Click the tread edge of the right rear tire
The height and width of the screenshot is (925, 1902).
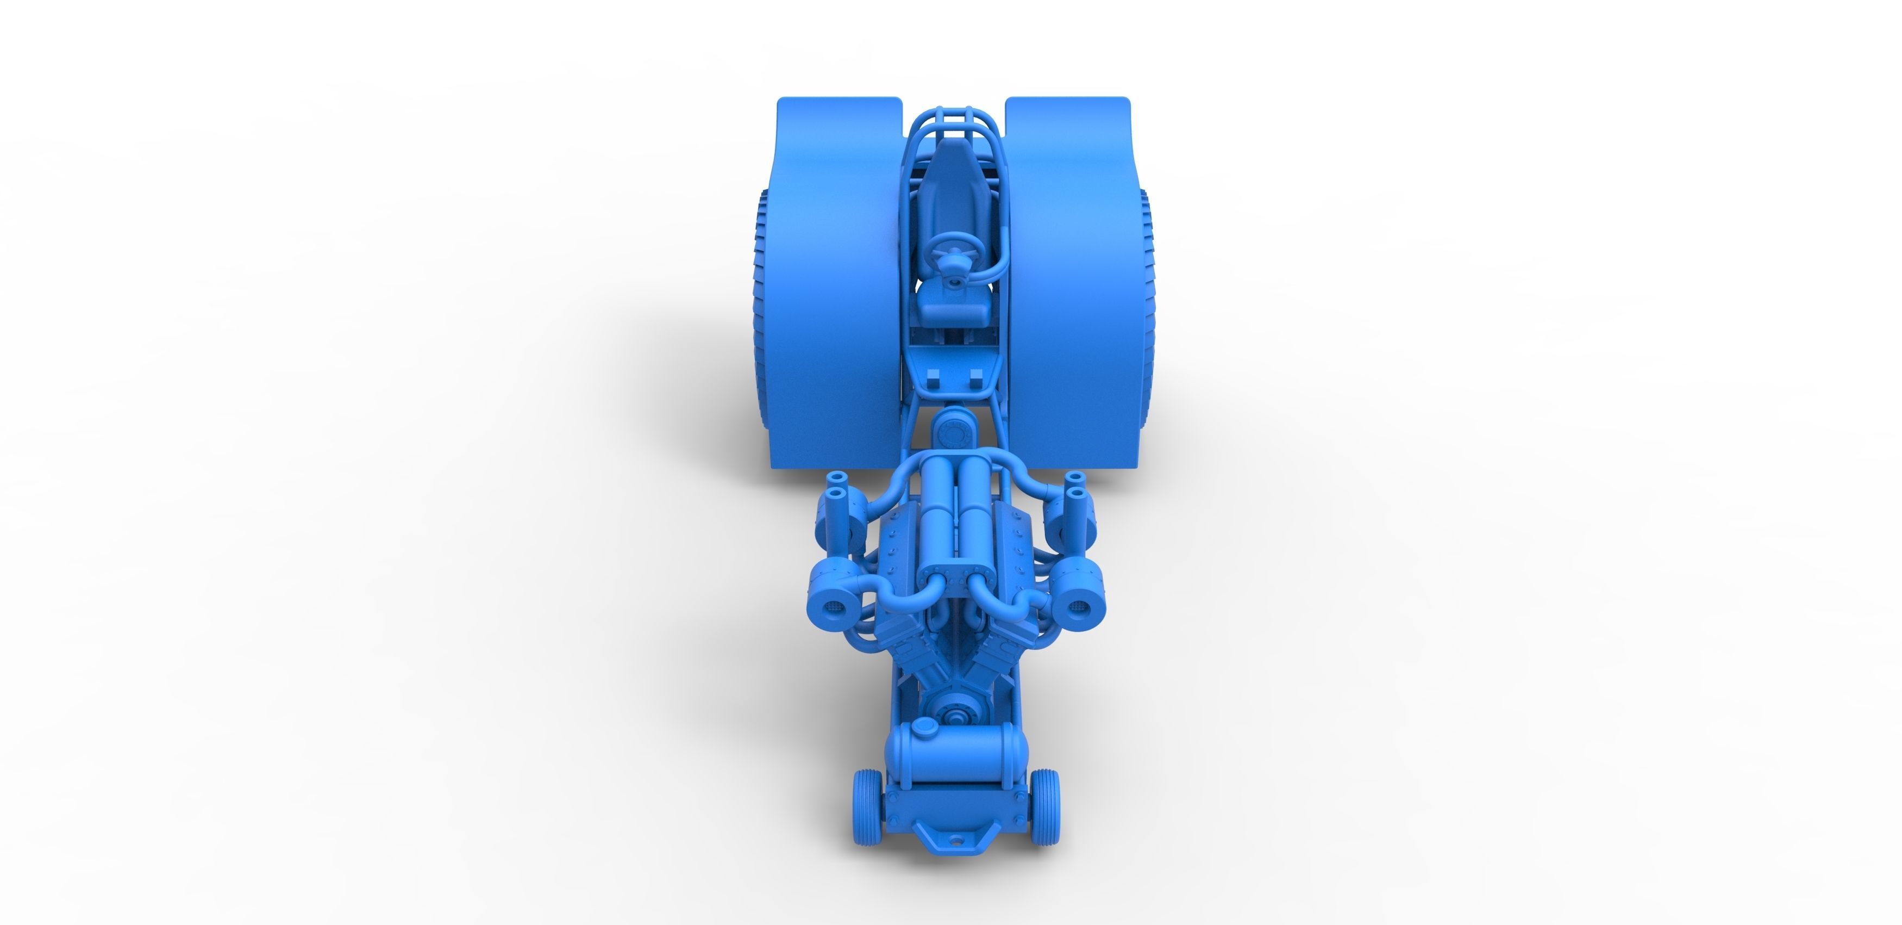click(1146, 311)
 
